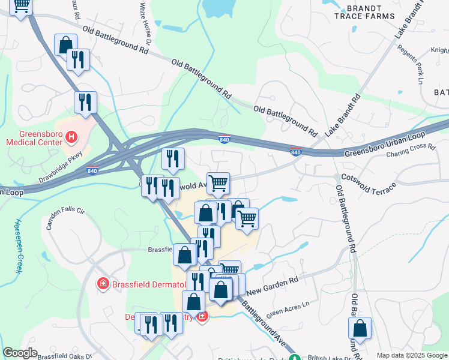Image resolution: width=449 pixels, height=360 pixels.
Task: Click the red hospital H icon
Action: [x=71, y=138]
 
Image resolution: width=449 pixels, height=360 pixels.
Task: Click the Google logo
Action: [x=20, y=353]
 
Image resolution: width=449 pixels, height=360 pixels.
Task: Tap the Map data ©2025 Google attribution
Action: [x=411, y=355]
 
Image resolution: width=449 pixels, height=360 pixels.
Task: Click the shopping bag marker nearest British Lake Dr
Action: [x=360, y=328]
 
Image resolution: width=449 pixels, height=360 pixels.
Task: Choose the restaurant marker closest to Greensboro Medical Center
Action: [x=85, y=102]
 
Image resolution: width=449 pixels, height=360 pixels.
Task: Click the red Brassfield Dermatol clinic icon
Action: [x=103, y=283]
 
